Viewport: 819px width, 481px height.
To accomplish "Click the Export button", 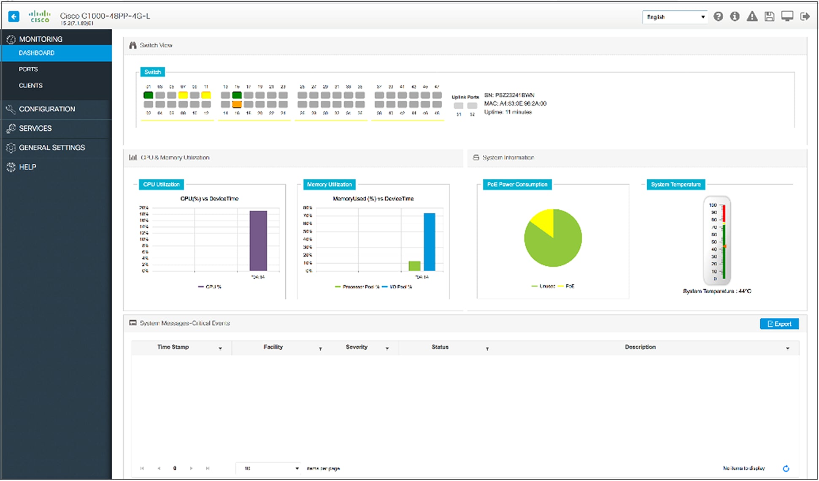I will coord(779,324).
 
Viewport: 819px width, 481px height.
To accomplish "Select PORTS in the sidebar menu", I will coord(28,69).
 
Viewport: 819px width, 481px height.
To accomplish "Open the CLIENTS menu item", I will coord(30,86).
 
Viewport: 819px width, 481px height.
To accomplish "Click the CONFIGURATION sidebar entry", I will coord(47,109).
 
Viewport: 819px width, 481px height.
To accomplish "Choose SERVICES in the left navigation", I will coord(35,128).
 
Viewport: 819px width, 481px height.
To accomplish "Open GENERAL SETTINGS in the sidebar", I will coord(51,148).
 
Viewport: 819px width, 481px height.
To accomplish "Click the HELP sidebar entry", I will coord(27,167).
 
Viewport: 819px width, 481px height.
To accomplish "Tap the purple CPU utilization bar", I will coord(258,240).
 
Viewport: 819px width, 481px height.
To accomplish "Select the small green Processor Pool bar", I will coord(414,266).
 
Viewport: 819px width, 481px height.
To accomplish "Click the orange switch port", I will coord(237,104).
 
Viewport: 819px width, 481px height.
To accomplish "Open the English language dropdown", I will coord(675,17).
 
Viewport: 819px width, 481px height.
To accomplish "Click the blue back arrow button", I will coord(14,16).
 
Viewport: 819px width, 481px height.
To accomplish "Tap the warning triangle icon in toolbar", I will coord(752,17).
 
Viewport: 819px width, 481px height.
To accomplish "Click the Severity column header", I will coord(357,347).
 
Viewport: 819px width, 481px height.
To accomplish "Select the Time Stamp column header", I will coord(173,347).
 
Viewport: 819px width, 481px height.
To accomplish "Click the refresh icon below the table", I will coord(786,468).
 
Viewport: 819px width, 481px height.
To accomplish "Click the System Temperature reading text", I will coord(717,291).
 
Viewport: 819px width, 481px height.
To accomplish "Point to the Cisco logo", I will coord(40,16).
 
